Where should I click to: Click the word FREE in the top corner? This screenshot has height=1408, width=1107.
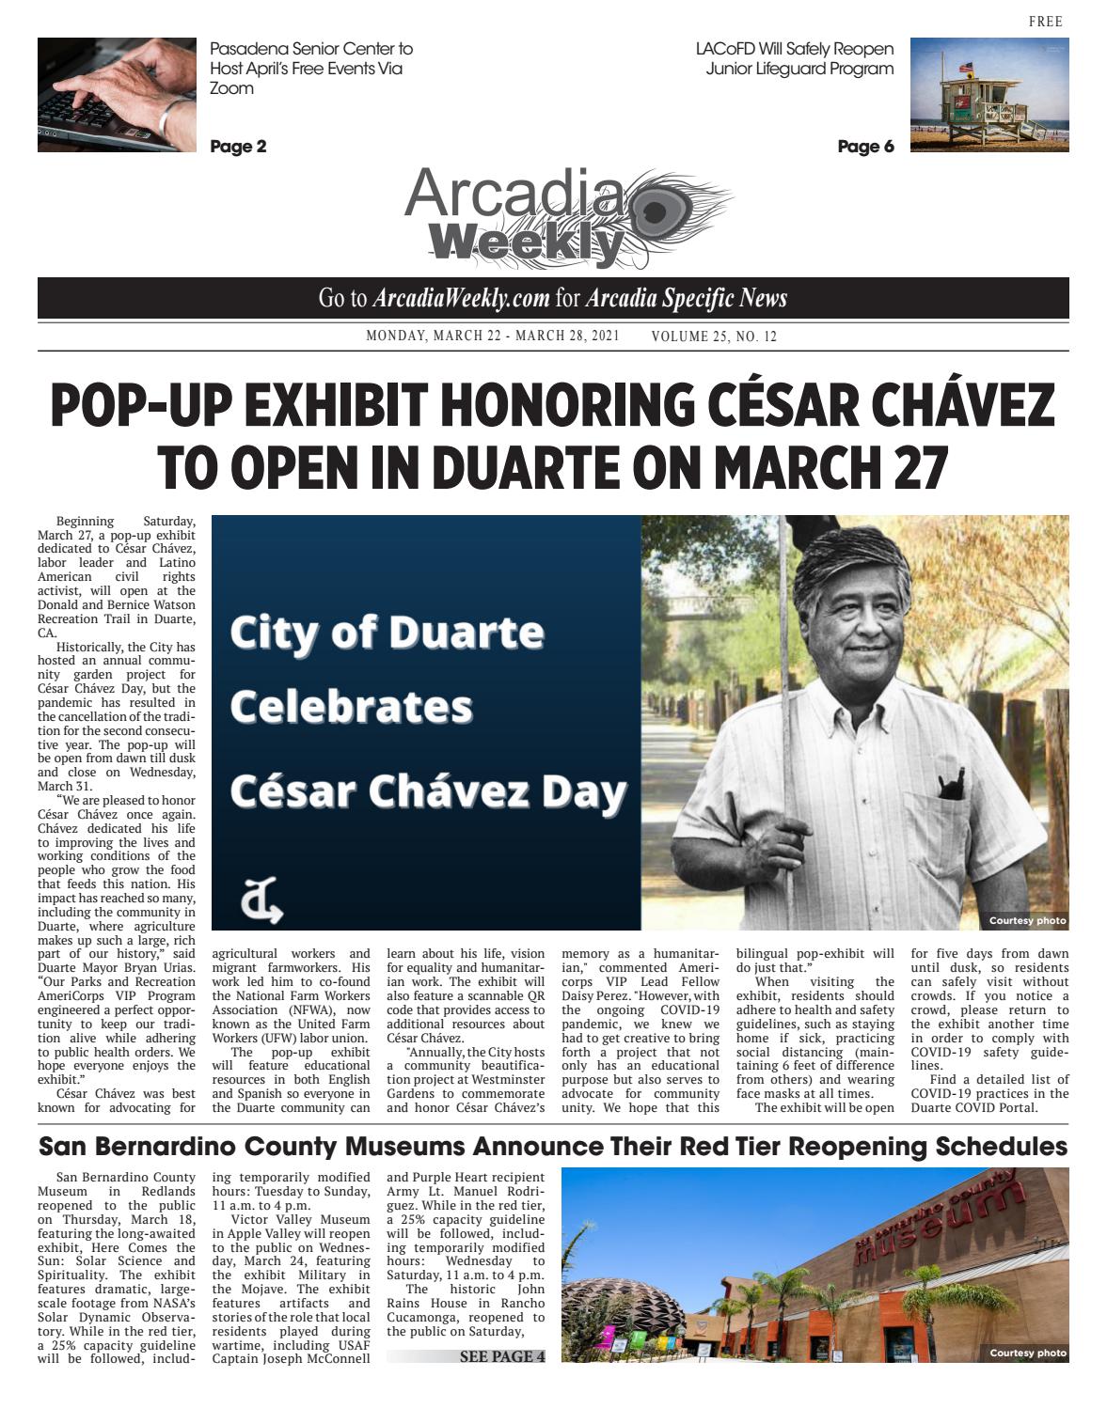(x=1045, y=22)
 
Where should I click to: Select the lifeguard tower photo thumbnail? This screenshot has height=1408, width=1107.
(x=988, y=94)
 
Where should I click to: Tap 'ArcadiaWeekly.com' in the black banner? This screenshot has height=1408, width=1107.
(x=461, y=299)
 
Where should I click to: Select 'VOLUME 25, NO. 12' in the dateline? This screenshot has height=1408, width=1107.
(x=714, y=336)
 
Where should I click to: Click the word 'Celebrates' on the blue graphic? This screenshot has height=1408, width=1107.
(x=351, y=707)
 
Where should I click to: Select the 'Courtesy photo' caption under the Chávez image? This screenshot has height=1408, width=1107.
(x=1026, y=920)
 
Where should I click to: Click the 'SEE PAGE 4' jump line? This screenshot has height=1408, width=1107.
(x=501, y=1356)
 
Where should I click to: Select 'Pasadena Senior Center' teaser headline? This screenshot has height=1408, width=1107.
(x=310, y=49)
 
